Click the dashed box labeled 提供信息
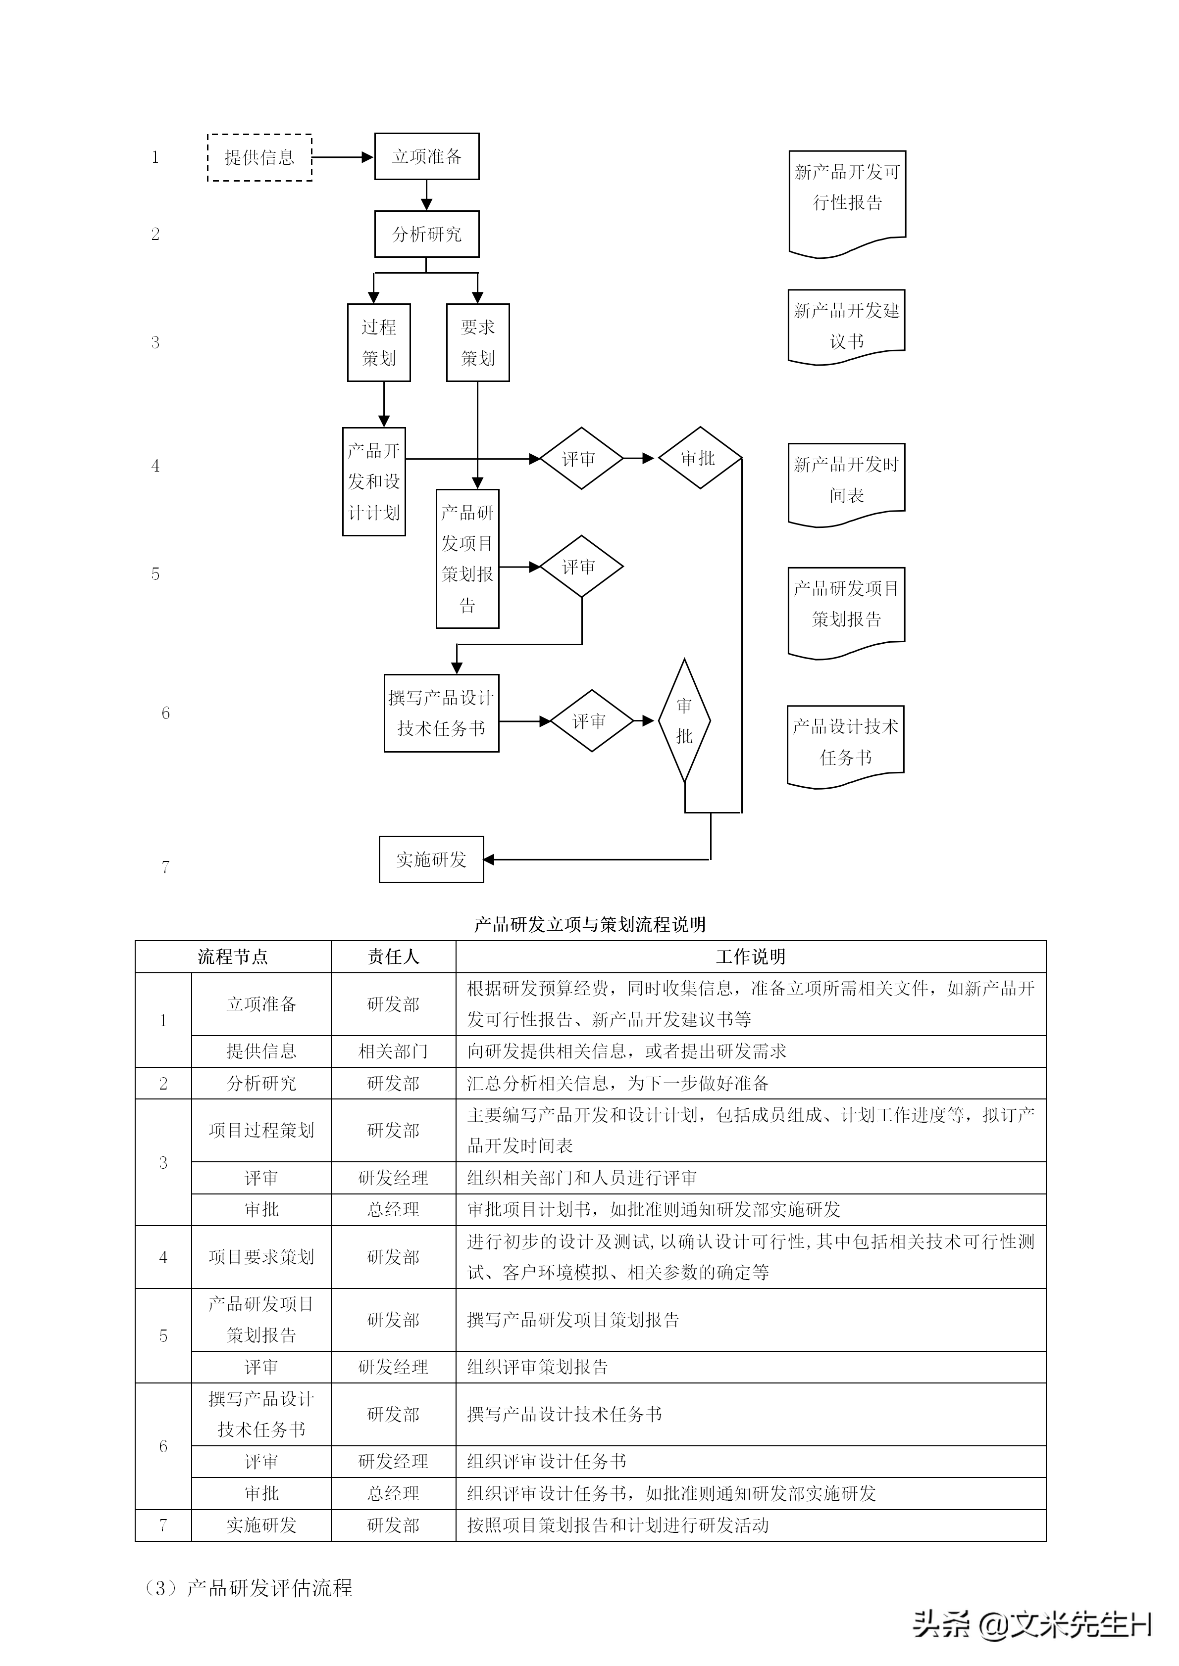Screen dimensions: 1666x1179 pos(259,157)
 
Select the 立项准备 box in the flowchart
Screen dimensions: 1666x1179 pos(427,157)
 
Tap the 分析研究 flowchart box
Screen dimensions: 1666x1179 pos(427,235)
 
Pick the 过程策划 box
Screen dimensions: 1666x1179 pos(379,342)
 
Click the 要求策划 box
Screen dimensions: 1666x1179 pos(478,342)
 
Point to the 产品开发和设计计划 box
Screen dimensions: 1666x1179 pos(374,482)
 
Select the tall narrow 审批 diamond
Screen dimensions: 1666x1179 pos(685,721)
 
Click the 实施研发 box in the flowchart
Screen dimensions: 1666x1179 pos(431,860)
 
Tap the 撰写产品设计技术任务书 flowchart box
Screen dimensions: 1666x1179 pos(441,714)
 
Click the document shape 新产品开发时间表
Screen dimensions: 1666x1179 pos(847,480)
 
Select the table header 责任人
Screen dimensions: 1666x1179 pos(394,957)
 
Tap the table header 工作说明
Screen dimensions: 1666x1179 pos(751,957)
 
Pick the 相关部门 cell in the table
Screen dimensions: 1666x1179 pos(394,1051)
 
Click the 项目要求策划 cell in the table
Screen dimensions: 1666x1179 pos(261,1257)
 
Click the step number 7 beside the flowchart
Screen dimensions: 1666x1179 pos(165,867)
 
